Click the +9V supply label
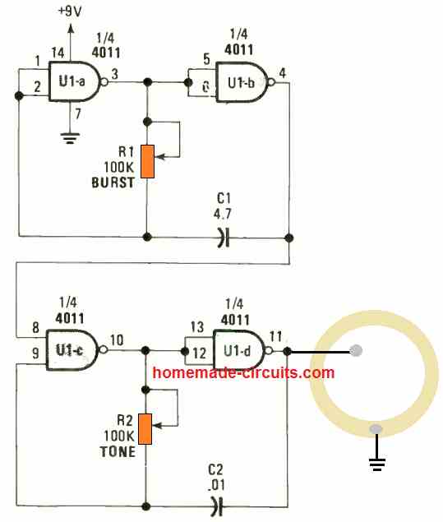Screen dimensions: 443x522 coord(70,12)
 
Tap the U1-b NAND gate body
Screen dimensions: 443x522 coord(242,82)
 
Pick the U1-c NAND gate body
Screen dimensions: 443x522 coord(72,350)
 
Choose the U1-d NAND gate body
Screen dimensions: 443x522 coord(238,350)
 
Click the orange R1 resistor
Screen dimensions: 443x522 coord(147,161)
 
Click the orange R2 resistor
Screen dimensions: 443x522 coord(145,429)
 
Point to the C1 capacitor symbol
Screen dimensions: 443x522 coord(224,238)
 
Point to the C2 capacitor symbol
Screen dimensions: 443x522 coord(216,506)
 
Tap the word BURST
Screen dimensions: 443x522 coord(113,182)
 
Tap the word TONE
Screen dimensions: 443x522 coord(118,452)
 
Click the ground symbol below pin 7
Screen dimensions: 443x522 coord(70,138)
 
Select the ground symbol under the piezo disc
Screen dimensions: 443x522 coord(376,464)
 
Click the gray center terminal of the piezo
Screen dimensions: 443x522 coord(356,350)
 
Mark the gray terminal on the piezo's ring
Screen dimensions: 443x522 coord(376,429)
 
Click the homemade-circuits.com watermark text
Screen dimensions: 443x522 coord(243,372)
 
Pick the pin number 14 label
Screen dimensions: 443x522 coord(58,53)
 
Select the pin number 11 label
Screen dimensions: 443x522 coord(275,336)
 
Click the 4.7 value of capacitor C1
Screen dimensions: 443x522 coord(223,214)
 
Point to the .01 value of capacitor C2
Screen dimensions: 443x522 coord(216,485)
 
